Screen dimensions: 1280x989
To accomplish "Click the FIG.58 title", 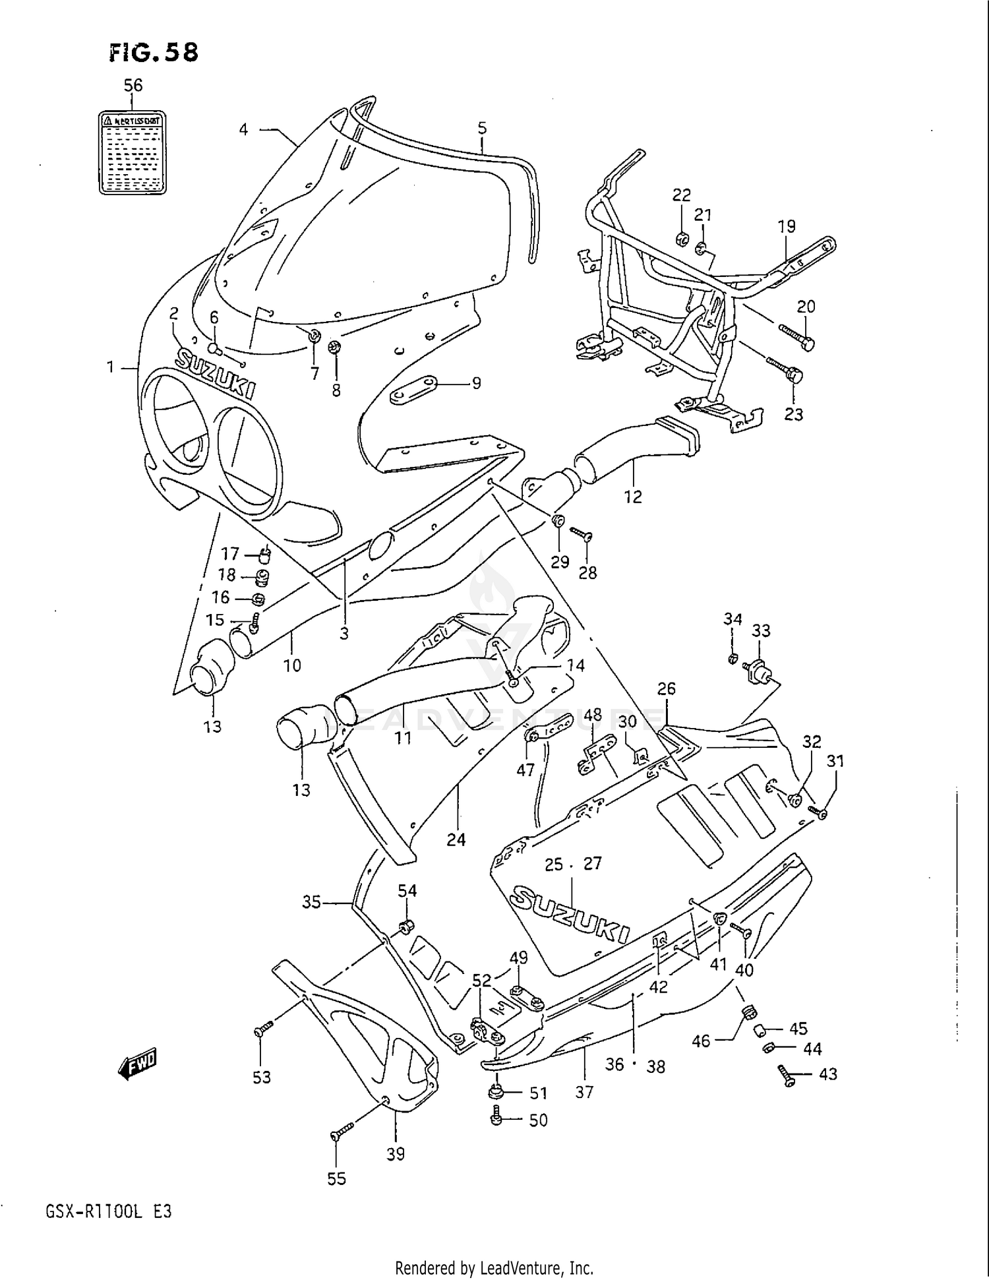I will (x=154, y=52).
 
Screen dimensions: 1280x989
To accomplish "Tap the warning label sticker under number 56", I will (x=132, y=153).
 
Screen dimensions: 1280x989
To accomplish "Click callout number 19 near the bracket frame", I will (x=787, y=226).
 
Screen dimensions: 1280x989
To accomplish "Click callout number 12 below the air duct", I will (x=633, y=497).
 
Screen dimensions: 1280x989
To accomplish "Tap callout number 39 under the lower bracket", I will (x=396, y=1154).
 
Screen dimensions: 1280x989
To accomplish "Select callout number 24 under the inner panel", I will (x=456, y=839).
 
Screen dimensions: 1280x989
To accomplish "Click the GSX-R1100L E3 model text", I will (x=109, y=1212).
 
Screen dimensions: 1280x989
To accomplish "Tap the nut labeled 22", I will (x=682, y=237).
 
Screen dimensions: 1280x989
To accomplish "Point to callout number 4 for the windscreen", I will (x=243, y=129).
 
